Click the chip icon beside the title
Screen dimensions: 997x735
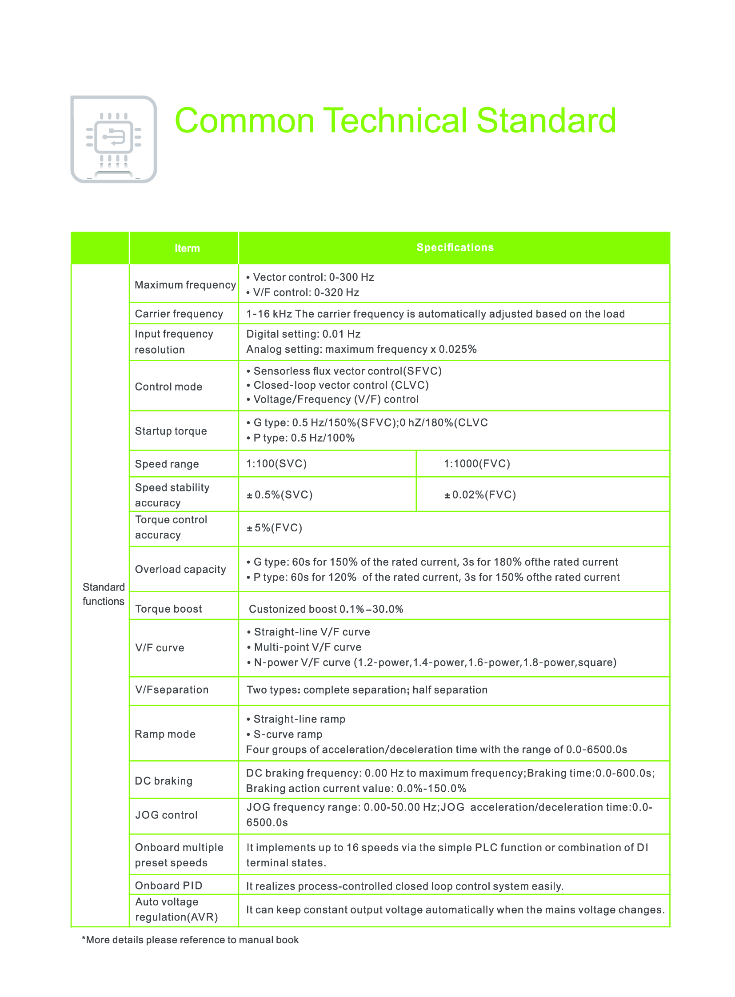tap(114, 139)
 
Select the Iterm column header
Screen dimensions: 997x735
tap(187, 248)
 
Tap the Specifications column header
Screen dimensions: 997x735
tap(455, 247)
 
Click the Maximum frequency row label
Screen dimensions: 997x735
tap(185, 285)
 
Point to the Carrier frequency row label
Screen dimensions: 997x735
tap(179, 314)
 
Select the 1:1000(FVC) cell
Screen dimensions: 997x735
tap(476, 463)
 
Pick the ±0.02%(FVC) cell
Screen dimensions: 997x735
tap(480, 495)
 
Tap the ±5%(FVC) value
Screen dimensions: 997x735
tap(275, 528)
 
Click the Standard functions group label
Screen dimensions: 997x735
tap(103, 594)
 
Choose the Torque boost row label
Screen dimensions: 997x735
tap(168, 609)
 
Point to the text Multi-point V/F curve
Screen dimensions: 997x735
tap(308, 647)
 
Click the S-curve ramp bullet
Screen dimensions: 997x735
tap(288, 734)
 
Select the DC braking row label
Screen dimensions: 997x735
tap(163, 781)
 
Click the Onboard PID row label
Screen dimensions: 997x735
tap(168, 885)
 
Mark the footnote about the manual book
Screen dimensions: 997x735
tap(190, 940)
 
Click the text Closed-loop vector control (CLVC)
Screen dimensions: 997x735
tap(341, 385)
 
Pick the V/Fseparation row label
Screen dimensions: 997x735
tap(172, 690)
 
